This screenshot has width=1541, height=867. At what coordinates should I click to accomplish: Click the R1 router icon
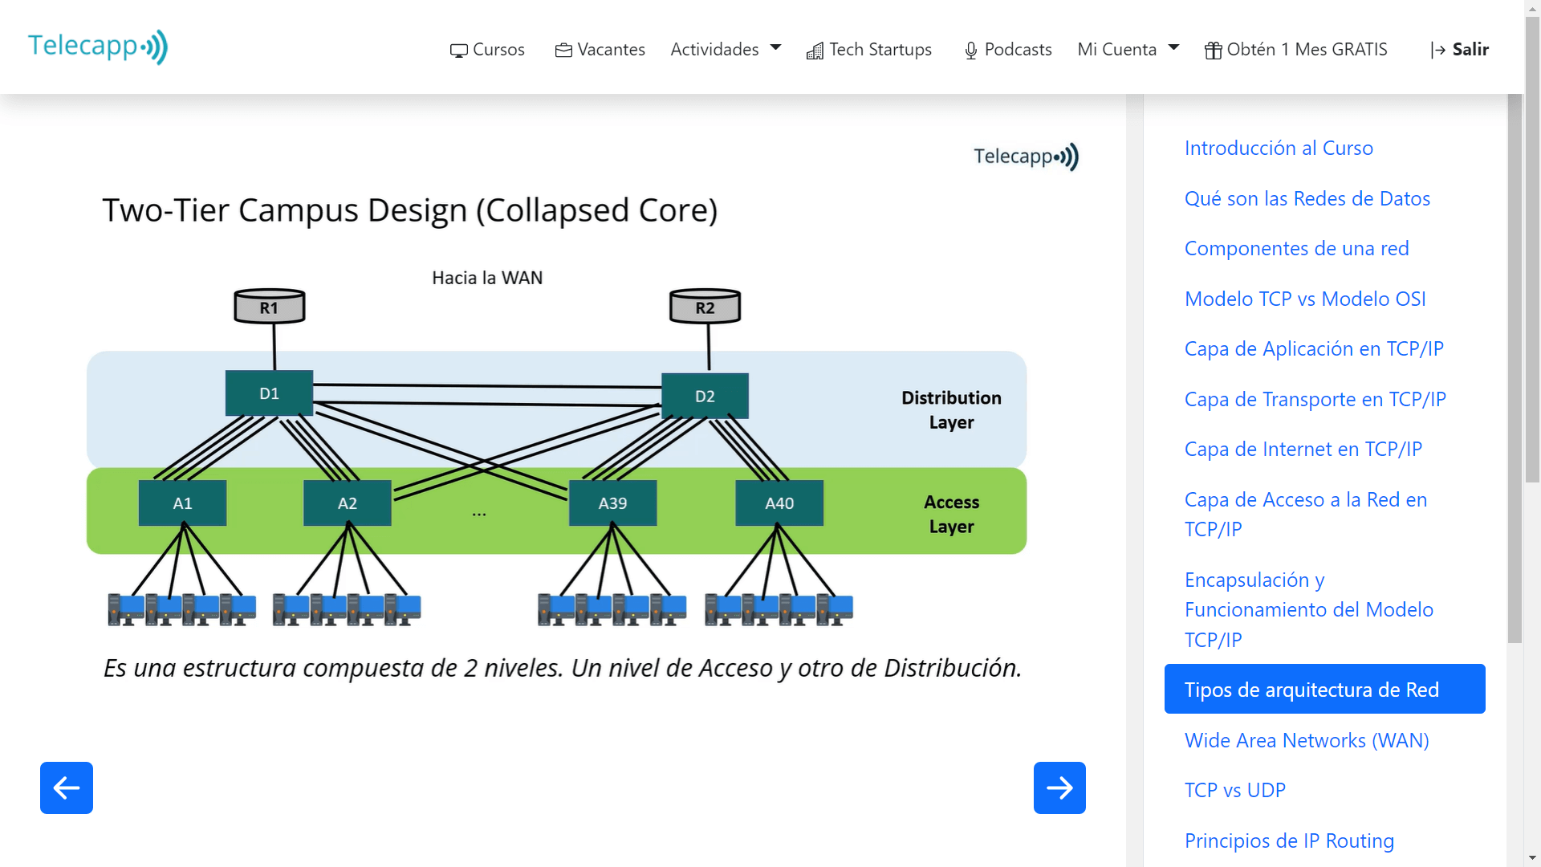click(x=270, y=307)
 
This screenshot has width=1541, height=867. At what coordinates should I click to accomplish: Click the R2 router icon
click(x=705, y=307)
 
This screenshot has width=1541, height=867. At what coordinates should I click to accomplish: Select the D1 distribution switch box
click(x=269, y=393)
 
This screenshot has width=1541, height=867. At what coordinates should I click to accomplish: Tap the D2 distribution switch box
click(x=705, y=396)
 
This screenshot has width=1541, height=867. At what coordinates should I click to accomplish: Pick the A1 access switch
click(x=182, y=503)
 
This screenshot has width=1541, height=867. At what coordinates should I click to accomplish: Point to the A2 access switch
click(x=347, y=503)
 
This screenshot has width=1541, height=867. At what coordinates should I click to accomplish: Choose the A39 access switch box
click(x=612, y=503)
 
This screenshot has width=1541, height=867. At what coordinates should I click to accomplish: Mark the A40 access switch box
click(x=779, y=503)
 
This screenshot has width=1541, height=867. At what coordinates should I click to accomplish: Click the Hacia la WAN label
click(x=487, y=278)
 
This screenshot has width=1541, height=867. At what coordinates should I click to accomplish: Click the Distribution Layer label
click(x=951, y=409)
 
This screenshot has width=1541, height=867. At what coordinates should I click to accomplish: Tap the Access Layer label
click(x=951, y=514)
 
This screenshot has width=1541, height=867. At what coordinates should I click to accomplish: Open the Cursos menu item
click(x=487, y=50)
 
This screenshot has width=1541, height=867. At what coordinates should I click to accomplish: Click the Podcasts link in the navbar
click(x=1008, y=50)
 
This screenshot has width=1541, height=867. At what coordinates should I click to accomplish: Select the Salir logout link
click(x=1460, y=50)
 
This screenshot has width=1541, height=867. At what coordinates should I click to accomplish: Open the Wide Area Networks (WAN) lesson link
click(x=1307, y=740)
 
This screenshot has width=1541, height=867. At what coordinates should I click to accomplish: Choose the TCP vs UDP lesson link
click(x=1234, y=790)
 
